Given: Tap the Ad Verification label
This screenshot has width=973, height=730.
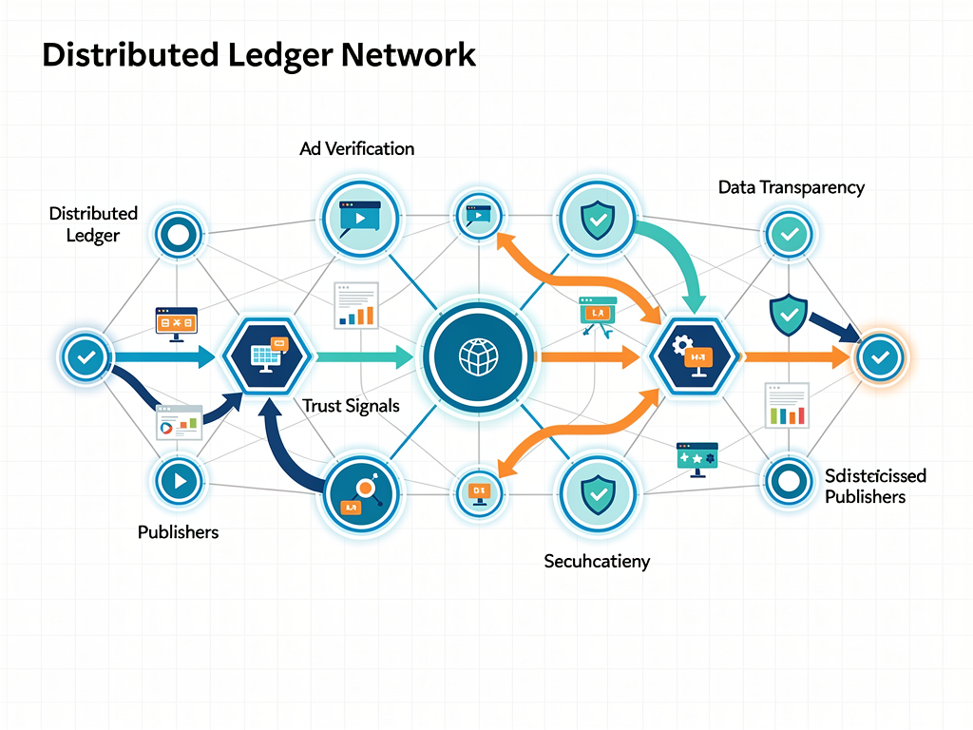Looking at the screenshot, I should coord(356,148).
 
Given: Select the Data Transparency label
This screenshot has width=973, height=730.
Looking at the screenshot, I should coord(791,187).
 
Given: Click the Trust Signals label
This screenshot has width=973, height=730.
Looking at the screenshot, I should coord(351,406).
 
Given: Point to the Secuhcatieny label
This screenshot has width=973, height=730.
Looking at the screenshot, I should coord(597,561).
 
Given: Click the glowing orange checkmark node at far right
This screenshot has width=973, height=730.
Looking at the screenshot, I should coord(880,357).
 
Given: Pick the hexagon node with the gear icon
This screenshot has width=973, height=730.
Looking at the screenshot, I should coord(696,357).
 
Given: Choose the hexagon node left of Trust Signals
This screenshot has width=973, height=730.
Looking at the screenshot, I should coord(267,357).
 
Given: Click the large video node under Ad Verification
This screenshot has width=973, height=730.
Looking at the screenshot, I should coord(358,219).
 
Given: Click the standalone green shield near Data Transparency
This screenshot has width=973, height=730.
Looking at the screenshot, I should coord(787,315).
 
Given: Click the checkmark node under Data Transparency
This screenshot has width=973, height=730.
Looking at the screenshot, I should coord(788,233).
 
